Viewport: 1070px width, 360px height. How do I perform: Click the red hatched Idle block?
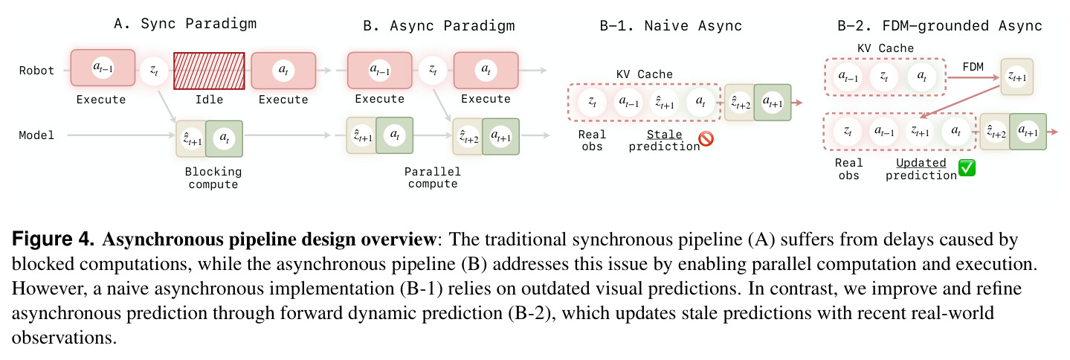[209, 71]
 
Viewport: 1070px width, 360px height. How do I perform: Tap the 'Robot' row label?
[36, 71]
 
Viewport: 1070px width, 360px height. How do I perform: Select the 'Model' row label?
[36, 135]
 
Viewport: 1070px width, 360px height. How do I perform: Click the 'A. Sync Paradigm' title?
[185, 23]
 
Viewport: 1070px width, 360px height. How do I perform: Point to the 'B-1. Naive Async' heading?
[671, 26]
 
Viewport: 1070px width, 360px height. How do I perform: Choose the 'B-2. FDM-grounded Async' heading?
[940, 26]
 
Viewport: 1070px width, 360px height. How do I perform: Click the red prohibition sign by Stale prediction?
[706, 139]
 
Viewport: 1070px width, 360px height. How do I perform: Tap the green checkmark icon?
[967, 168]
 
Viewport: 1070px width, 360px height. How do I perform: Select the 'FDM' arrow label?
[973, 67]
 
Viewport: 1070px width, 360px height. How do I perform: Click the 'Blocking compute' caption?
[213, 178]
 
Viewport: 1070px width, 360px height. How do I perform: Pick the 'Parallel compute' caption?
[432, 178]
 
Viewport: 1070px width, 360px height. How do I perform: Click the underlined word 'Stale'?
[664, 135]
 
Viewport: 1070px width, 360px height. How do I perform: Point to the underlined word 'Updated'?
[921, 163]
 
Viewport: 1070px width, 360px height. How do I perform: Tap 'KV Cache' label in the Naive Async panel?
[645, 74]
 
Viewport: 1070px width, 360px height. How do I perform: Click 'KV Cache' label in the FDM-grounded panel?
[885, 48]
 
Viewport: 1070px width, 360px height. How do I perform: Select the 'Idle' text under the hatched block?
[209, 100]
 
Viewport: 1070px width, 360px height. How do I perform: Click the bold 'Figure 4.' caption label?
[53, 239]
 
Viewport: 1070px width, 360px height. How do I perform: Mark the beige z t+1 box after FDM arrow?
[1016, 77]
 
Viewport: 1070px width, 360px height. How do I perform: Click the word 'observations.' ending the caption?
[64, 338]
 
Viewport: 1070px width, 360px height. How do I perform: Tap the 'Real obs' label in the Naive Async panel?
[592, 141]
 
